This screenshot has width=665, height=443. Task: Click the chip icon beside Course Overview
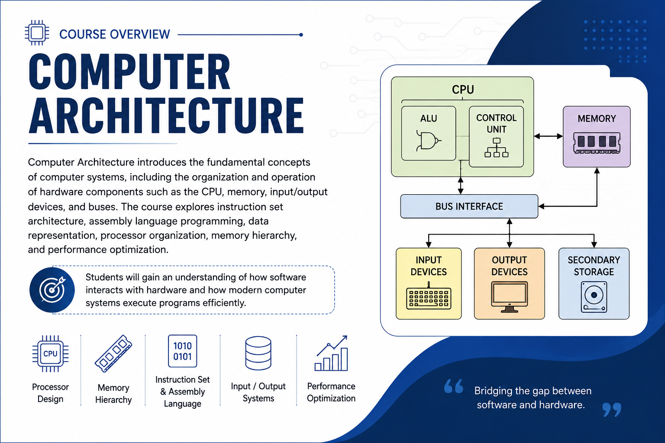[x=37, y=32]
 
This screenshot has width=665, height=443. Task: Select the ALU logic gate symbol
[x=428, y=140]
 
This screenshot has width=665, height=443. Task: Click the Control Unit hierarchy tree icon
[x=497, y=148]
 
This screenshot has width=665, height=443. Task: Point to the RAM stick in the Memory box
[x=597, y=143]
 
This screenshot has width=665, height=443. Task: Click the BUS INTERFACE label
[x=469, y=206]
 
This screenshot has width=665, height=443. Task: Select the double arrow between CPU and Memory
[x=549, y=136]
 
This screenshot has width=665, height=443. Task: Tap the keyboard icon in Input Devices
[x=428, y=297]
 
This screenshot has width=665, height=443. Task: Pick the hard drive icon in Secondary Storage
[x=594, y=297]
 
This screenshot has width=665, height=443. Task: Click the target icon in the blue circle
[x=52, y=289]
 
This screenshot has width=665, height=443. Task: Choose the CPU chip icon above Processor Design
[x=51, y=353]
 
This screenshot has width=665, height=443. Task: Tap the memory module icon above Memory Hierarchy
[x=113, y=353]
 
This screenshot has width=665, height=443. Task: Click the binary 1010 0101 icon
[x=182, y=351]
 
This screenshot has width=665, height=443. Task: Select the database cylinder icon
[x=258, y=353]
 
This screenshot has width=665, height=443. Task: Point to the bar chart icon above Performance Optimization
[x=331, y=353]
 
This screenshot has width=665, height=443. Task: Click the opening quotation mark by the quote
[x=454, y=386]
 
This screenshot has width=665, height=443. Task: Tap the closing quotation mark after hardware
[x=612, y=410]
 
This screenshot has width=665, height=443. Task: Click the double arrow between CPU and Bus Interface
[x=461, y=186]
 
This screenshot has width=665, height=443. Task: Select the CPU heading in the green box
[x=463, y=89]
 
